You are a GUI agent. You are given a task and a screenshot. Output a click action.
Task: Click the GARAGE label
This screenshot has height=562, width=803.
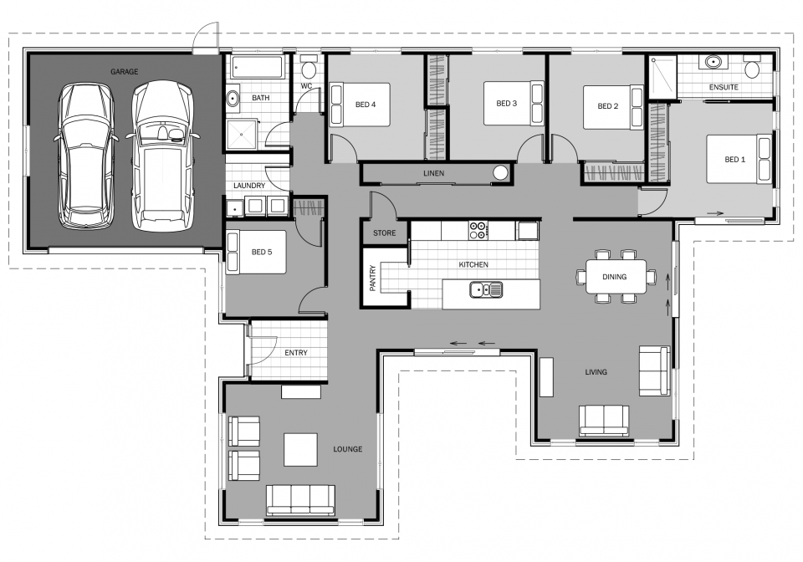(x=124, y=72)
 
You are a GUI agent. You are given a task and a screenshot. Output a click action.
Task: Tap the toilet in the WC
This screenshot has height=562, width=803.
(x=309, y=69)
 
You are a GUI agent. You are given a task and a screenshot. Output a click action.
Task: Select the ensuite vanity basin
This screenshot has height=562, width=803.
(x=713, y=63)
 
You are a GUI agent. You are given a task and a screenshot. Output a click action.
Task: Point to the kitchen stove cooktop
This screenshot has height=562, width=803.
(x=478, y=228)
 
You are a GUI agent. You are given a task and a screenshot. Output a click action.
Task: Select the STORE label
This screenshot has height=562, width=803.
(x=385, y=232)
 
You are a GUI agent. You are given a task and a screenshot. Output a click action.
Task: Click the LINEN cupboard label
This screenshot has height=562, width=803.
(x=433, y=174)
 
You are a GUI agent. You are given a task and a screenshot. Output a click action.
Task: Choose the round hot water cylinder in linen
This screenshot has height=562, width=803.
(x=501, y=173)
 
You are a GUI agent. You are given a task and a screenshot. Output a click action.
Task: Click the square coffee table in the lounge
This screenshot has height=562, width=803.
(x=300, y=449)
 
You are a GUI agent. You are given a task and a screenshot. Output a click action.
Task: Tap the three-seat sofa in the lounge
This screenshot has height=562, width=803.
(x=300, y=499)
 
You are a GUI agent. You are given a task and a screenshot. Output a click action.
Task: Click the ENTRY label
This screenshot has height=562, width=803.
(x=295, y=353)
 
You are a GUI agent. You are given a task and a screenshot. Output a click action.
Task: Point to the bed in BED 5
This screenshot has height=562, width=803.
(x=256, y=252)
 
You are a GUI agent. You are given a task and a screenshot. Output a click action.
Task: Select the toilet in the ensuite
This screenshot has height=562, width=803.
(x=752, y=67)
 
